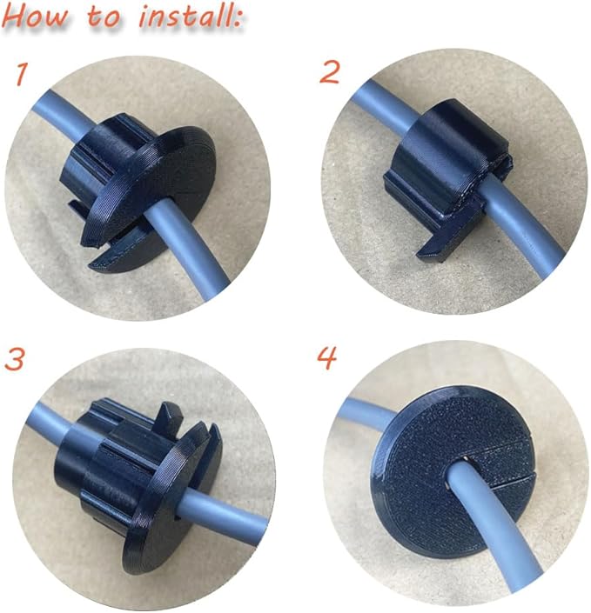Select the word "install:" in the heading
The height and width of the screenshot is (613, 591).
191,17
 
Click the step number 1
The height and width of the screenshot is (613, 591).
22,74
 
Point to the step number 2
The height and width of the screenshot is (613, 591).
329,72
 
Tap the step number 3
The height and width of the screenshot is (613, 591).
15,359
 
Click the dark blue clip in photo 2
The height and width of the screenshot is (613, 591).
447,172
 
